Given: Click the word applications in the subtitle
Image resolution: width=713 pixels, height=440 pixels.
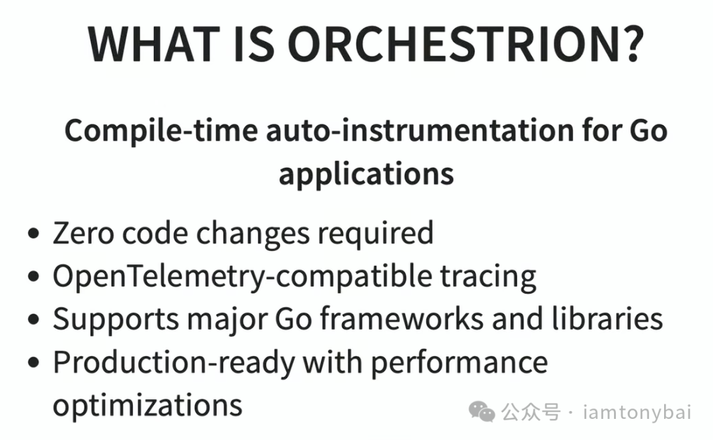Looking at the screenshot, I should [366, 174].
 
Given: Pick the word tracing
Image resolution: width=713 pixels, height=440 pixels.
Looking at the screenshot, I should [489, 277].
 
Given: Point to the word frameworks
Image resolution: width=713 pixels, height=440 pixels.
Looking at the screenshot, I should [402, 319].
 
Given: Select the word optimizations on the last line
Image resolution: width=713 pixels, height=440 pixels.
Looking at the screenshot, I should [147, 404].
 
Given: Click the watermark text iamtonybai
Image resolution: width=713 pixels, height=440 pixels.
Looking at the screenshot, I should [637, 413].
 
